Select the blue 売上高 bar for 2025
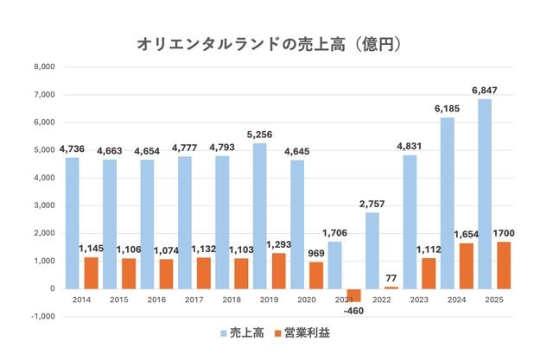click(484, 193)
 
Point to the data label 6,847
click(484, 90)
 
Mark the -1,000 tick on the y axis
click(42, 316)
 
